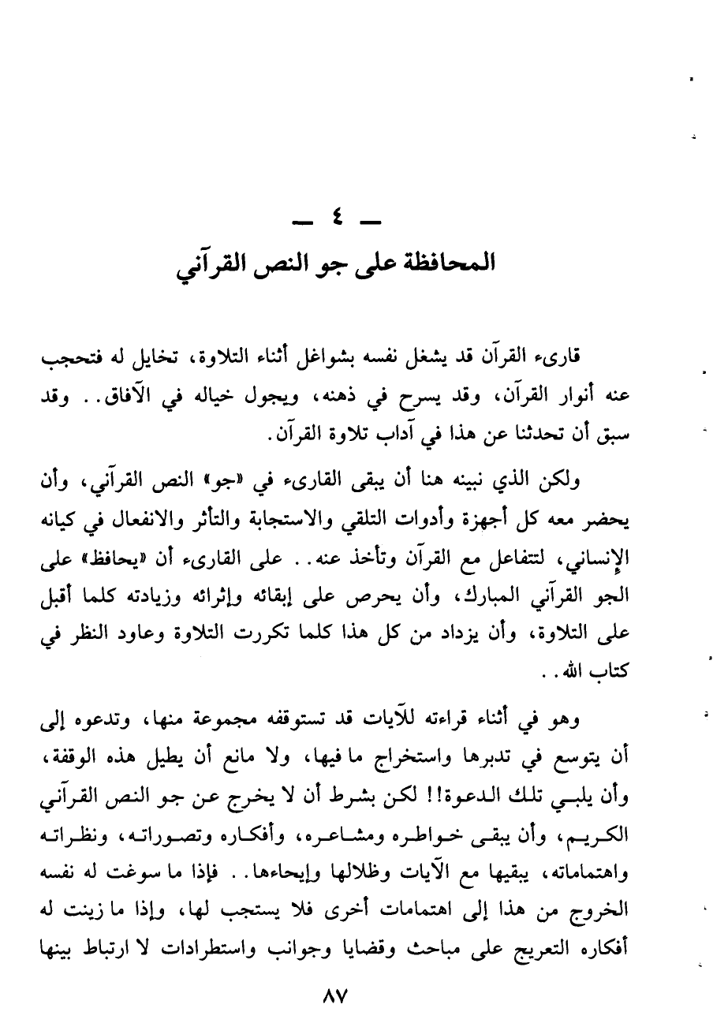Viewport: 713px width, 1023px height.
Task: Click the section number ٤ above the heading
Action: pos(334,215)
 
